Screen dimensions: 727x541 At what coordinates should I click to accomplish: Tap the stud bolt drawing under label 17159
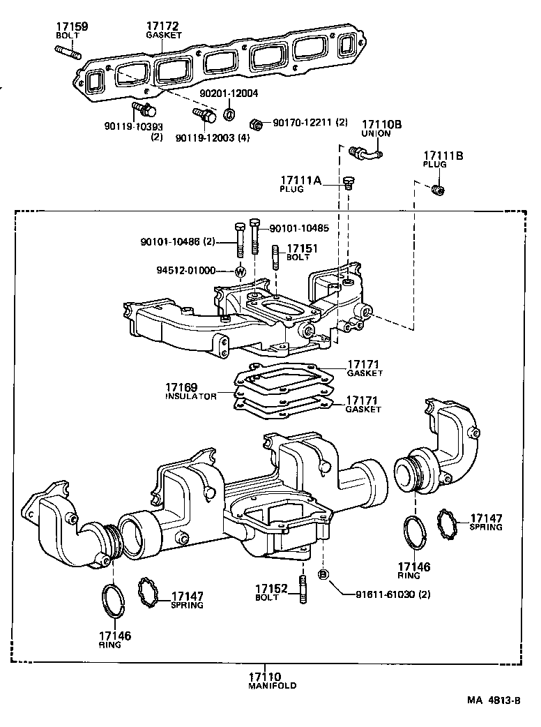pos(67,52)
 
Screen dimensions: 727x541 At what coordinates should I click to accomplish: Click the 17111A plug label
pos(301,181)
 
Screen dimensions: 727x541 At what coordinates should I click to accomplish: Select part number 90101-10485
pos(299,228)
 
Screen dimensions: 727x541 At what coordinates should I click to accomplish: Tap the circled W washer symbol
pos(240,272)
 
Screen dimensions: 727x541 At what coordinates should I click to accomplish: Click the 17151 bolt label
pos(303,248)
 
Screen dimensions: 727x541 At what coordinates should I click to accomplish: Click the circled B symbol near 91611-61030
pos(323,574)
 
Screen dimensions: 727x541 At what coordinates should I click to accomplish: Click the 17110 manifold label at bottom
pos(264,676)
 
